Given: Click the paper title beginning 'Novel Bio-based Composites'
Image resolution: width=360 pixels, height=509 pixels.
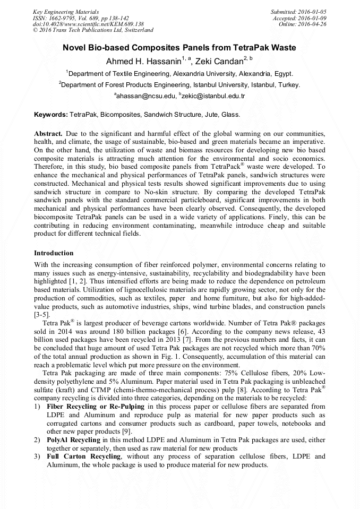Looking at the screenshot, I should [179, 48].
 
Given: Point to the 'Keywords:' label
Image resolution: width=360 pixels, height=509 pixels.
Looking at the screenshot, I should [51, 114].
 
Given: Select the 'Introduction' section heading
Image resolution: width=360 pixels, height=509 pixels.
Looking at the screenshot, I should [54, 253].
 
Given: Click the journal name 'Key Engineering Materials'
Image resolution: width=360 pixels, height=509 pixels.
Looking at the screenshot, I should [66, 11].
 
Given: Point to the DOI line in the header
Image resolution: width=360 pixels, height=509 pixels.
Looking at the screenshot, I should [88, 24].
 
